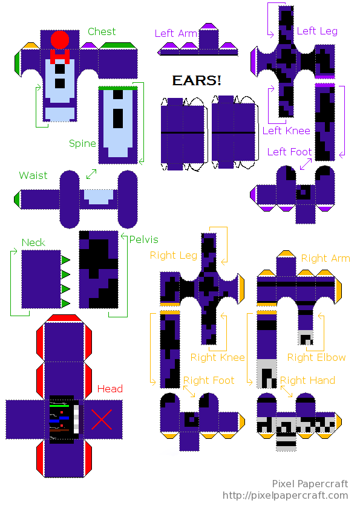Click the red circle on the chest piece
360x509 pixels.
click(x=60, y=40)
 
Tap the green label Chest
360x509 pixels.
click(x=102, y=31)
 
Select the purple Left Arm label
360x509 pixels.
click(x=176, y=33)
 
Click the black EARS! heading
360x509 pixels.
click(x=197, y=80)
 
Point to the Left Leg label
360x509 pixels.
click(x=317, y=31)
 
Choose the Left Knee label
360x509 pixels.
click(x=286, y=131)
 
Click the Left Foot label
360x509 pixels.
click(x=289, y=152)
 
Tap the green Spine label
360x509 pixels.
click(x=82, y=144)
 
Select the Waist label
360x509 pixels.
click(x=33, y=175)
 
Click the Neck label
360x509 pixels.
click(x=33, y=242)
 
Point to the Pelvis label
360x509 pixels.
click(x=143, y=239)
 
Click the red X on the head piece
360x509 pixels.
click(x=102, y=420)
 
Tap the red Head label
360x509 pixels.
click(x=110, y=389)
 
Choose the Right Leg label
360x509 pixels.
click(x=174, y=256)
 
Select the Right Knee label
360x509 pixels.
click(x=218, y=357)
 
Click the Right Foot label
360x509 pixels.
click(x=209, y=380)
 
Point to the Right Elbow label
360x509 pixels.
click(x=316, y=357)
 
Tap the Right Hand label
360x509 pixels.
click(x=307, y=380)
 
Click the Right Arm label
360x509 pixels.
click(x=326, y=258)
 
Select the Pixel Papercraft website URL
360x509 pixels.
click(x=285, y=496)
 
